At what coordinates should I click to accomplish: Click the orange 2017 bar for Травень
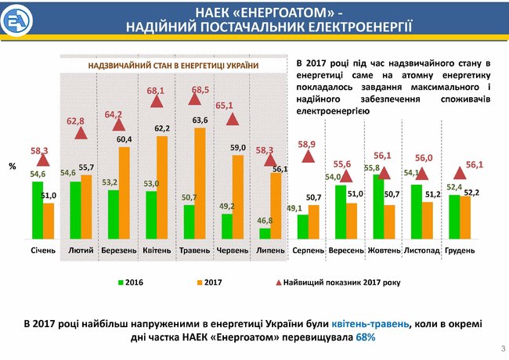click(x=200, y=183)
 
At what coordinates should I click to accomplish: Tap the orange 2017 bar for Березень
click(x=124, y=193)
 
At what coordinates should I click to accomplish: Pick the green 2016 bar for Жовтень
click(x=378, y=207)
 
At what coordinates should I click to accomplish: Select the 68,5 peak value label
click(x=200, y=90)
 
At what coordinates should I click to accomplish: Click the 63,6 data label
click(x=200, y=120)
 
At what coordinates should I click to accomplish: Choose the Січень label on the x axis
click(x=43, y=250)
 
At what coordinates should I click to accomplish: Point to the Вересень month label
click(x=345, y=250)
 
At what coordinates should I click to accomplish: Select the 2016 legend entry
click(x=134, y=280)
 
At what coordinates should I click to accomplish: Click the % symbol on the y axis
click(x=12, y=167)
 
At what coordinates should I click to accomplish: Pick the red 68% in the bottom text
click(x=365, y=337)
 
